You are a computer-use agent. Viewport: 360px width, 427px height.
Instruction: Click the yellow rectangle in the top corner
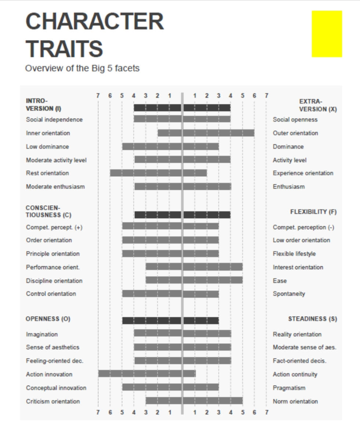tap(327, 34)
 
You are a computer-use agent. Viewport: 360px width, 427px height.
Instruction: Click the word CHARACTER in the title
tap(95, 22)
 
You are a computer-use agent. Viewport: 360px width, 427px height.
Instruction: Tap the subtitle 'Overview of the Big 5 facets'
tap(82, 68)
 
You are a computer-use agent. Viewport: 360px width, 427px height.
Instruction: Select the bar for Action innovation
tap(147, 374)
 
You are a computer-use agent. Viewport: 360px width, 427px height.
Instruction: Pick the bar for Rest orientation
tap(158, 173)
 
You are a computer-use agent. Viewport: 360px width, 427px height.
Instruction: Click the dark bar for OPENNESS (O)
tap(170, 320)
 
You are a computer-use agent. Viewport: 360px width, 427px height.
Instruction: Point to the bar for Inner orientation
tap(206, 133)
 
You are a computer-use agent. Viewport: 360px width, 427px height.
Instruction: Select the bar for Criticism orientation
tap(194, 401)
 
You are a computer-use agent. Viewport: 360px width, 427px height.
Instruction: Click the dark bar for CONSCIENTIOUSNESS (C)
tap(182, 215)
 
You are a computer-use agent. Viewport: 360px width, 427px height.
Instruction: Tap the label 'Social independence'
tap(54, 120)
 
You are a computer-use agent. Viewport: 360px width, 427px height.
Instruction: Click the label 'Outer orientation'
tap(295, 133)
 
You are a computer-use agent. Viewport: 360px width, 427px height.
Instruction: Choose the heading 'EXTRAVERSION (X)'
tap(317, 105)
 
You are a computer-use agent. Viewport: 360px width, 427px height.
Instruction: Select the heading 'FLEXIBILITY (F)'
tap(313, 212)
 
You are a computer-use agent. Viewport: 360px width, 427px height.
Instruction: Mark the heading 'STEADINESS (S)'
tap(312, 319)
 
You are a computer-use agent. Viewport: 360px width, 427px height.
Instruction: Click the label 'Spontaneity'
tap(289, 294)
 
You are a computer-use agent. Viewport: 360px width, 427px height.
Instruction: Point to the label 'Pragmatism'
tap(289, 388)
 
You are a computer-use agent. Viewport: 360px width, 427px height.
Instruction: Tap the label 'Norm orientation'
tap(295, 402)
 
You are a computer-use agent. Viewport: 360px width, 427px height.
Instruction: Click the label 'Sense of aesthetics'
tap(52, 347)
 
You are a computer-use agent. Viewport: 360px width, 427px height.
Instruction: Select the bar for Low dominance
tap(170, 146)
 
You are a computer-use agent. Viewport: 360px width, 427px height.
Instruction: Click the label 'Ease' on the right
tap(280, 281)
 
